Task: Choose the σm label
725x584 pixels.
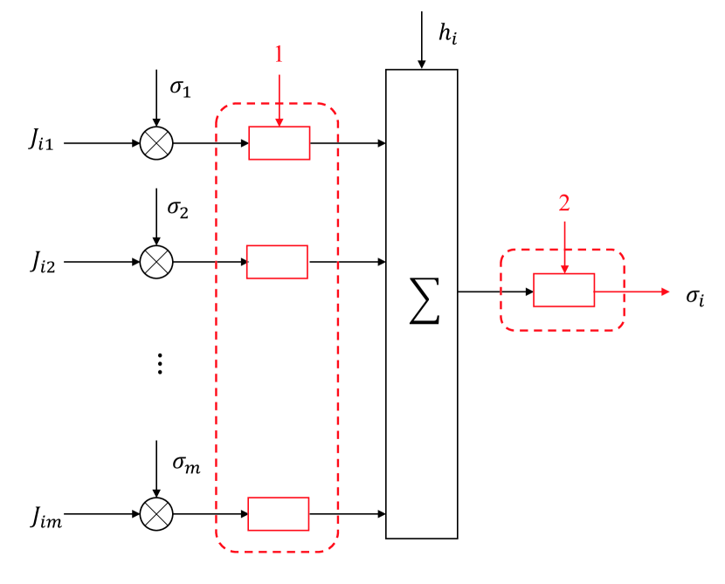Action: pos(185,463)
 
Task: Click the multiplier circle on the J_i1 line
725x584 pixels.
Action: pos(156,142)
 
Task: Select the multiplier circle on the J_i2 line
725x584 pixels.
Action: pos(156,261)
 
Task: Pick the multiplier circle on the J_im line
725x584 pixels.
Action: pos(156,513)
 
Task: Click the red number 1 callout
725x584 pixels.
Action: pos(279,54)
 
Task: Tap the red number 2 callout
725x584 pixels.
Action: pos(563,203)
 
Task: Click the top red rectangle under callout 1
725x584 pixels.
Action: pos(279,142)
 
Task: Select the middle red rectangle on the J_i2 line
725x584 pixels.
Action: pos(277,261)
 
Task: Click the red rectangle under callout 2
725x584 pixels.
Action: pos(563,290)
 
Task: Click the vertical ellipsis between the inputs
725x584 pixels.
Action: pos(159,364)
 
